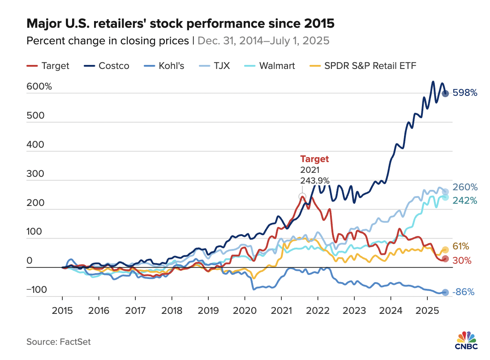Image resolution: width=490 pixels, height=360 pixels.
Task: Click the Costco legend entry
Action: pyautogui.click(x=106, y=66)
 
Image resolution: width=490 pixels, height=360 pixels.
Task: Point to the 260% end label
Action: pyautogui.click(x=465, y=187)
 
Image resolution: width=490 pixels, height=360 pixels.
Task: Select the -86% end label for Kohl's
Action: pyautogui.click(x=464, y=292)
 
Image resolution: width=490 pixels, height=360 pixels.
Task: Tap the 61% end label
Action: pyautogui.click(x=461, y=246)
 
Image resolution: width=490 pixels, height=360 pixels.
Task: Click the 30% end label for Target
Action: pyautogui.click(x=462, y=260)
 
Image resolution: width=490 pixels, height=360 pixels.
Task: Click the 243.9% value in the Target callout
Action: pyautogui.click(x=314, y=181)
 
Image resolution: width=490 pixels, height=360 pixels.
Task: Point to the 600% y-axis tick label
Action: pyautogui.click(x=39, y=87)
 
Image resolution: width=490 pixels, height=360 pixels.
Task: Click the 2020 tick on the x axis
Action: pyautogui.click(x=245, y=310)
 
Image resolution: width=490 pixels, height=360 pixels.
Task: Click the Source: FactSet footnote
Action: pyautogui.click(x=59, y=342)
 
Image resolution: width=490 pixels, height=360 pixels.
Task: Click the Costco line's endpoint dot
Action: pyautogui.click(x=446, y=94)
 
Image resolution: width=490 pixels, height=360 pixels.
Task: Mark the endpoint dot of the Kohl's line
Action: pyautogui.click(x=445, y=292)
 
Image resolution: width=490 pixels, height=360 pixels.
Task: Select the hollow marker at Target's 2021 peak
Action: pyautogui.click(x=302, y=196)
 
